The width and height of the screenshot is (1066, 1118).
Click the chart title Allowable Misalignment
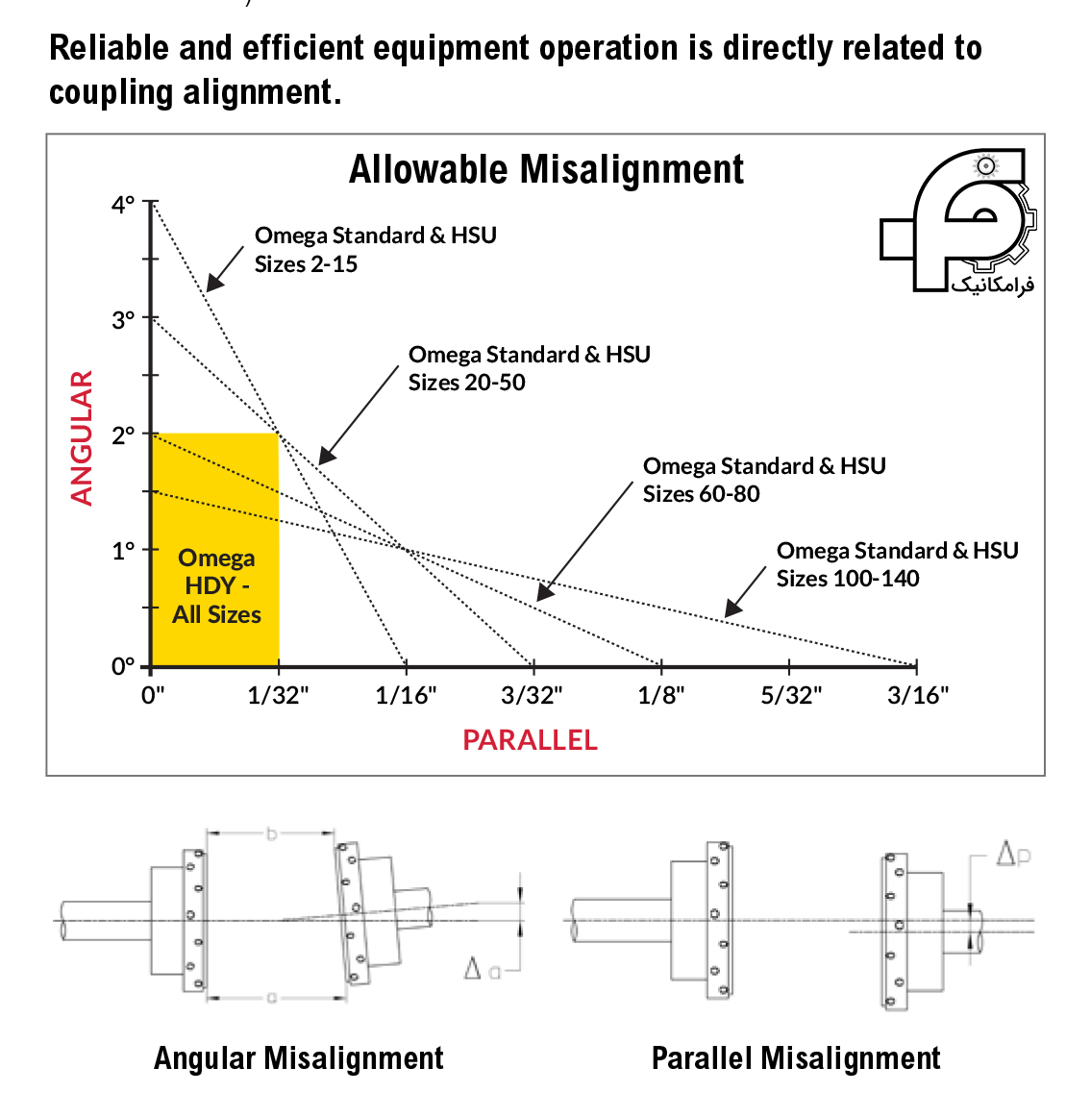[x=546, y=170]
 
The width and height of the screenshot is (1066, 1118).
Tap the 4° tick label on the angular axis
[x=124, y=205]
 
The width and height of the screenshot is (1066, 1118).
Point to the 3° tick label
[x=123, y=320]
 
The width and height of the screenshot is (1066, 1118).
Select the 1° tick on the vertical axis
[x=123, y=551]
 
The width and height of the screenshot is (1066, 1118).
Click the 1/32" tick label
[x=278, y=696]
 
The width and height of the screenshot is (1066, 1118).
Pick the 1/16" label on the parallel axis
[x=406, y=696]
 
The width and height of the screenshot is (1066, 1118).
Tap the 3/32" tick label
[x=533, y=696]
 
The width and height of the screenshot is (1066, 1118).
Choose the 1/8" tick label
[x=661, y=696]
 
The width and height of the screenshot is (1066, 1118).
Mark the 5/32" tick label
[x=790, y=696]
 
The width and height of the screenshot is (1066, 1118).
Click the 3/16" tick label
[x=918, y=696]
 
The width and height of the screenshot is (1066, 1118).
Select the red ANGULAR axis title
[x=83, y=437]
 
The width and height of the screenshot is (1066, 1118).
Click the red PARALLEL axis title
[x=530, y=740]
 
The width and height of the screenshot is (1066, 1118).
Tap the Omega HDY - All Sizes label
[x=216, y=586]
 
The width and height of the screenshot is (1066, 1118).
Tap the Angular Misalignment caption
[x=299, y=1058]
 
